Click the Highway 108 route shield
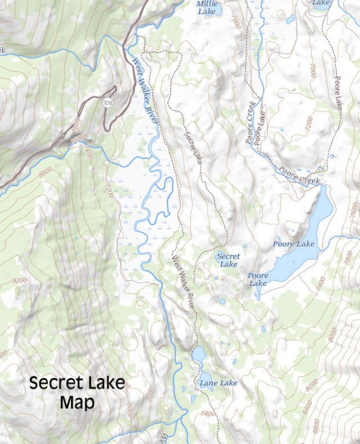click(108, 102)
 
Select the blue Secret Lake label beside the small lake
click(228, 260)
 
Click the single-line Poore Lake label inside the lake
click(294, 244)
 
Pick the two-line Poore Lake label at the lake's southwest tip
click(257, 279)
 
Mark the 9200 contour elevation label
click(19, 280)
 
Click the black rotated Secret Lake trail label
click(194, 148)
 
